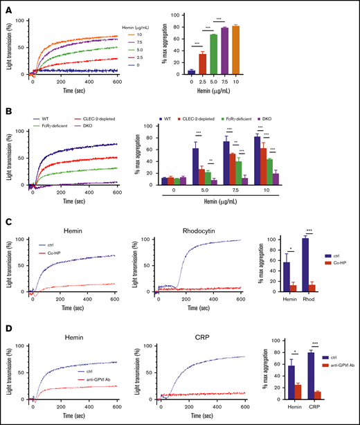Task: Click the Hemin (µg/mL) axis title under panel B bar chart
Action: [266, 206]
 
